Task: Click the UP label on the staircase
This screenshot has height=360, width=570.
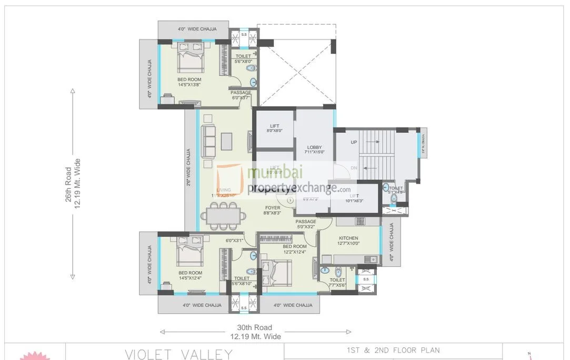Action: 354,143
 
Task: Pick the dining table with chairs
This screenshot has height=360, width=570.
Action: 225,216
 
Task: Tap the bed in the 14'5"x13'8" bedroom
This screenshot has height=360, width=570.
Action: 189,57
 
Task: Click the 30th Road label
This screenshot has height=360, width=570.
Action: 254,328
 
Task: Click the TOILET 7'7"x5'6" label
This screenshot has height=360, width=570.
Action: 337,283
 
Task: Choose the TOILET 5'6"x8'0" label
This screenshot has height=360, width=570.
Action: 243,58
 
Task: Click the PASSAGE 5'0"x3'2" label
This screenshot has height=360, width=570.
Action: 306,224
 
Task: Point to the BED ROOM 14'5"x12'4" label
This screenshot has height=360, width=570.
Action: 190,275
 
